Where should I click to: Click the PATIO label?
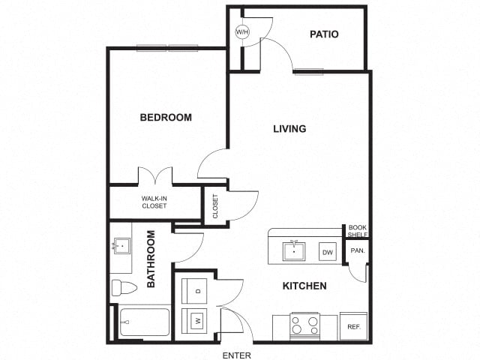coord(324,34)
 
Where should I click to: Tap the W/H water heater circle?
coord(242,31)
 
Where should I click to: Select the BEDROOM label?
coord(166,117)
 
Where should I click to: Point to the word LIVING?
coord(289,128)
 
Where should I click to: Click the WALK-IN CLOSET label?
coord(154,202)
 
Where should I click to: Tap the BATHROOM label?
coord(151,259)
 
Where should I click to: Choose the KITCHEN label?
coord(304,286)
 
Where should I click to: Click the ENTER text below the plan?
coord(237,355)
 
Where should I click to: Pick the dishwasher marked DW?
coord(328,252)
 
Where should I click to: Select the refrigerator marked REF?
coord(353,326)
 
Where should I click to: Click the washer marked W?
coord(194,321)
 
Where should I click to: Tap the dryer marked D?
coord(194,291)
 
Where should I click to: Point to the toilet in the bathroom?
coord(124,288)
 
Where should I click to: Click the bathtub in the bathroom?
coord(145,322)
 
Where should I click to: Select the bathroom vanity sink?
coord(122,246)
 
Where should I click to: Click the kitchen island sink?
coord(294,251)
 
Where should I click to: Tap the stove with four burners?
coord(305,326)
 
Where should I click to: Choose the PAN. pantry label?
coord(358,250)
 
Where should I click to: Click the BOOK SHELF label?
coord(358,231)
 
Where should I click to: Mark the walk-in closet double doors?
coord(155,175)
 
